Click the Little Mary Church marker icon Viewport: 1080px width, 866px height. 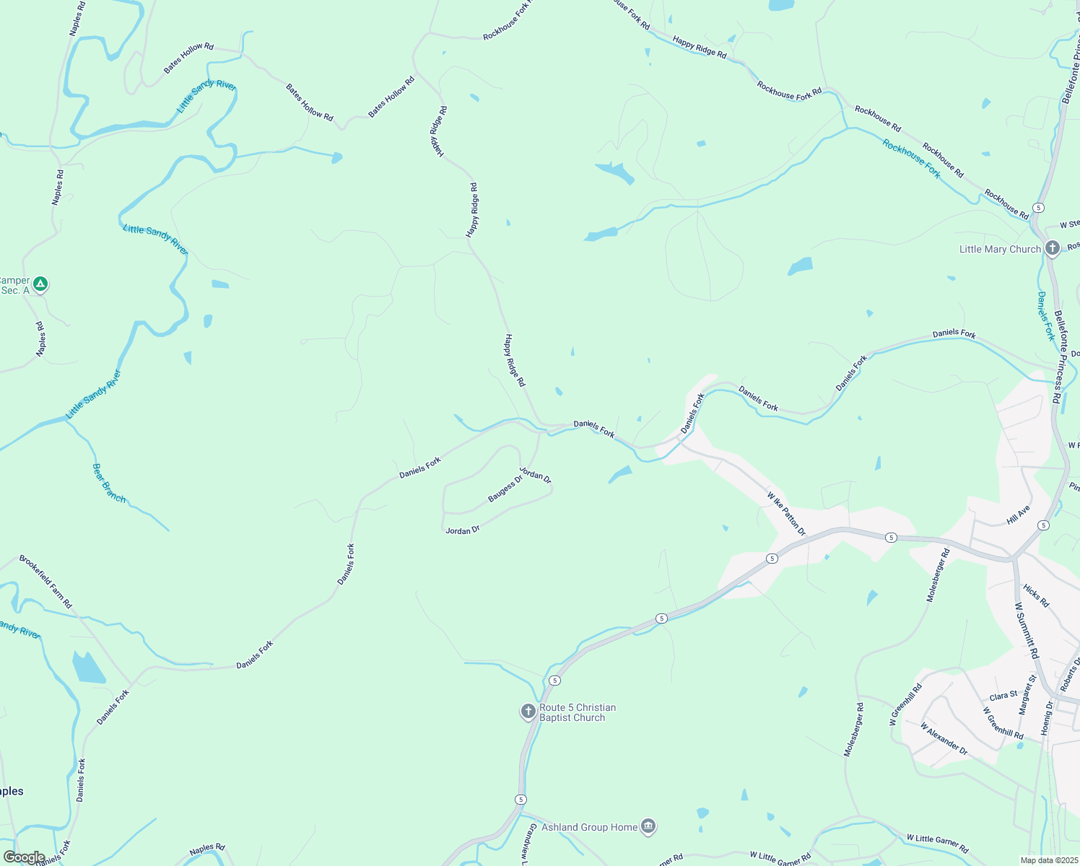[1052, 249]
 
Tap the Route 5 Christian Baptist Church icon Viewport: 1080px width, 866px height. [528, 712]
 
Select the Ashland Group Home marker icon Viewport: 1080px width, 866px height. [648, 827]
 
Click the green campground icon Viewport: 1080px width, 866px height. [41, 284]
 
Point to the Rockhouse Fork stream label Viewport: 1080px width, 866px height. [911, 159]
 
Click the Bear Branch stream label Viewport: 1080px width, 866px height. [109, 484]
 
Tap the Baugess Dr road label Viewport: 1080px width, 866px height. [505, 489]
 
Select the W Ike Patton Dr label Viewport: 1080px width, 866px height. [786, 515]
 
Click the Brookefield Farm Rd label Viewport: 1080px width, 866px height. [46, 581]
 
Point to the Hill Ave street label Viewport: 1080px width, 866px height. [1019, 515]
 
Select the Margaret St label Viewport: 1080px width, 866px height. [1027, 695]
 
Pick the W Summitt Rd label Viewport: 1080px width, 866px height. [1027, 631]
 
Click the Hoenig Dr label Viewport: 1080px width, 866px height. [1047, 718]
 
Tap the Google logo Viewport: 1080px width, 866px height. [25, 857]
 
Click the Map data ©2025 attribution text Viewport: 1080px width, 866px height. [1049, 860]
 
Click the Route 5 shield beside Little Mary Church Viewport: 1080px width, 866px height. [1038, 208]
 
